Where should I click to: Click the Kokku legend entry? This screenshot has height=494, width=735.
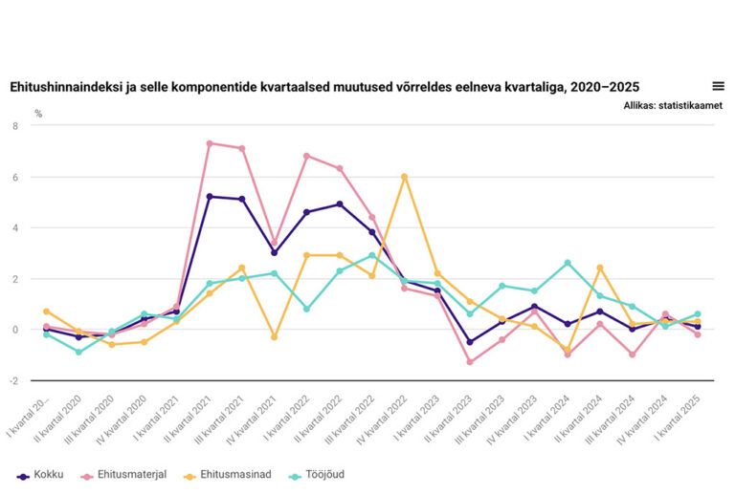40,475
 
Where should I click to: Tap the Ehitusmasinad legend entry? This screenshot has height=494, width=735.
228,475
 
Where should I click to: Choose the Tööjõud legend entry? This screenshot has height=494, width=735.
320,475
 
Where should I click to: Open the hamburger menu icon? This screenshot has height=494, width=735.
718,86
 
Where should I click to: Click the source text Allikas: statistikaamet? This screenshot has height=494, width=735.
672,105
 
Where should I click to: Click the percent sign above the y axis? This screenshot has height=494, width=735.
39,113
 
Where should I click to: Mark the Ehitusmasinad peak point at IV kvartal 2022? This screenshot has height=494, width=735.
405,177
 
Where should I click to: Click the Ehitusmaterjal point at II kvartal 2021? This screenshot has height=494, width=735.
210,143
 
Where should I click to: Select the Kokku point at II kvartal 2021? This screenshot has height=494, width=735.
210,197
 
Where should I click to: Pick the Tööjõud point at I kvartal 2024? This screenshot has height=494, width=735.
568,263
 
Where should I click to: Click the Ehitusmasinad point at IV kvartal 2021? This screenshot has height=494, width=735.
275,337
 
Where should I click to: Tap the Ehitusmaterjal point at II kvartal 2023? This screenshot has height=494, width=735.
470,362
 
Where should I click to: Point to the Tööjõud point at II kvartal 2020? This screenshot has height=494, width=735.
79,352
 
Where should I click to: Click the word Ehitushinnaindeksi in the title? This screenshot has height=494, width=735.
58,87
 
